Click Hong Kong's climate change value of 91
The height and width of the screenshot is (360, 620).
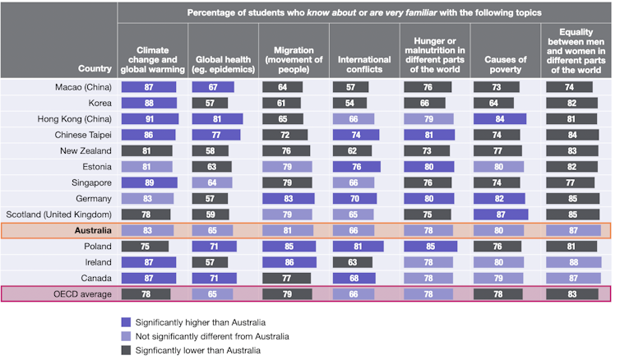(x=150, y=119)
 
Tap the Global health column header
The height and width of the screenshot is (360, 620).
(x=222, y=60)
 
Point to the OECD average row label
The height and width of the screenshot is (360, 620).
(x=83, y=293)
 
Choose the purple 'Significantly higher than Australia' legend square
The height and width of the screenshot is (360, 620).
(x=126, y=322)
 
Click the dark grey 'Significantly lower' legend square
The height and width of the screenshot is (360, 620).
(x=126, y=350)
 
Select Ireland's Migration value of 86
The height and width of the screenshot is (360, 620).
(x=287, y=261)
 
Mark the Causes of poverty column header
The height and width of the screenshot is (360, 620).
(x=506, y=60)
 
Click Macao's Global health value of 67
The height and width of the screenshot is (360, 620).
(x=215, y=87)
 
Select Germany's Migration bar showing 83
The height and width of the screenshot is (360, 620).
(x=286, y=198)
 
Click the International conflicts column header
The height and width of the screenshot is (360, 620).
(x=363, y=60)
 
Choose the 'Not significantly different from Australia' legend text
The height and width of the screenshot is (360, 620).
(x=212, y=336)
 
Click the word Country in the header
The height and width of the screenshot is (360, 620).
(x=95, y=68)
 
